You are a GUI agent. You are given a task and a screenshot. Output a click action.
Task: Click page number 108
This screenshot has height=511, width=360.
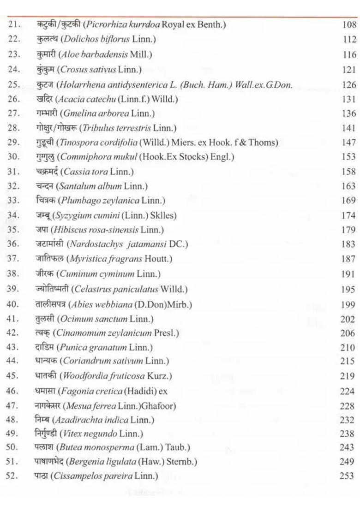pos(349,25)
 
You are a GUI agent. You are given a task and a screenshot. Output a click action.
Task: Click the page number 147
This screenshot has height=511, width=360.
pos(349,143)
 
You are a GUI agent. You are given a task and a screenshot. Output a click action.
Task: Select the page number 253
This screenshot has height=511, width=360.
pos(346,476)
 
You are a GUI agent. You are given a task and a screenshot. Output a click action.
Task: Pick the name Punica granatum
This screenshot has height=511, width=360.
pos(94,347)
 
